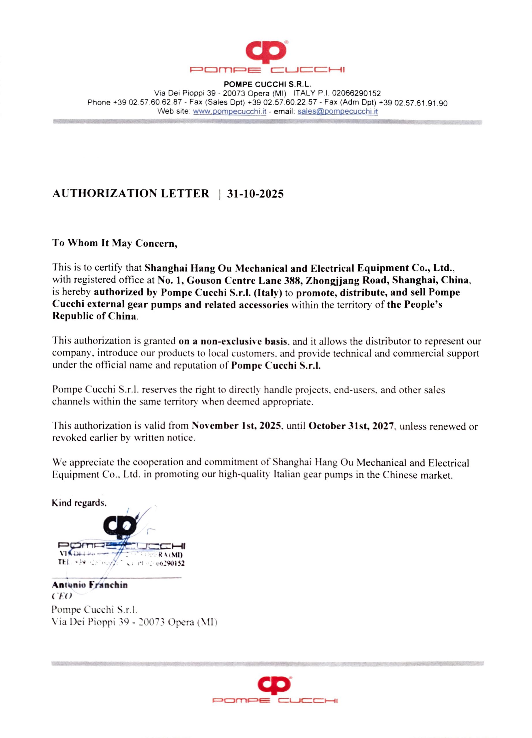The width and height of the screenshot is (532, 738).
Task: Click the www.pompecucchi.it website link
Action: tap(230, 112)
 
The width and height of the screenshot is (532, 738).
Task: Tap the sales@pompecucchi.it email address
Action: tap(337, 112)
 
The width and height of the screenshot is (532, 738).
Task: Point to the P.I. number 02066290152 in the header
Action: tap(356, 94)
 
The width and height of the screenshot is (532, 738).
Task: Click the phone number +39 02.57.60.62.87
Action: tap(147, 103)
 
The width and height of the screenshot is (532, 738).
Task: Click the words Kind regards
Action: tap(79, 503)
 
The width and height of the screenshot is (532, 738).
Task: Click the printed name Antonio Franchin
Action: tap(90, 585)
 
